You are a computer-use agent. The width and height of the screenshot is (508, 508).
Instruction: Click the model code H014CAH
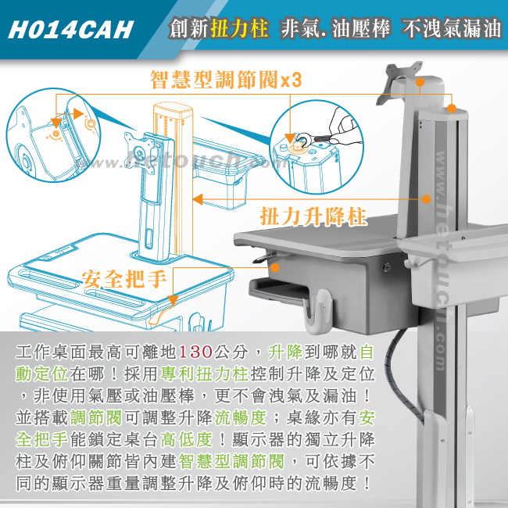pyautogui.click(x=70, y=30)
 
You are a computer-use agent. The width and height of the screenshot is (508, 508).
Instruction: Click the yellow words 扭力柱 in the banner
pyautogui.click(x=239, y=27)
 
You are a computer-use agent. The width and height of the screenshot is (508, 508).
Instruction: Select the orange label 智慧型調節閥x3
pyautogui.click(x=226, y=80)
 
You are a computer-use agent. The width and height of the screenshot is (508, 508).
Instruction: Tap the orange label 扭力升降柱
pyautogui.click(x=313, y=216)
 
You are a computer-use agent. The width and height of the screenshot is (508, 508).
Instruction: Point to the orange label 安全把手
pyautogui.click(x=124, y=279)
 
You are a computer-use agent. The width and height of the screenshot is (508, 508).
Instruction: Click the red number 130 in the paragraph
pyautogui.click(x=195, y=352)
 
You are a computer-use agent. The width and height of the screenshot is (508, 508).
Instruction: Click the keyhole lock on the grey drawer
pyautogui.click(x=385, y=267)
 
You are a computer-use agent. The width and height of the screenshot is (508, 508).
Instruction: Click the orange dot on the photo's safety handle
pyautogui.click(x=275, y=267)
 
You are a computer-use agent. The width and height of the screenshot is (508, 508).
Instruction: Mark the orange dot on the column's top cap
pyautogui.click(x=451, y=109)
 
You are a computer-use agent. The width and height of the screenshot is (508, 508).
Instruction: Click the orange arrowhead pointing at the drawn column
pyautogui.click(x=198, y=199)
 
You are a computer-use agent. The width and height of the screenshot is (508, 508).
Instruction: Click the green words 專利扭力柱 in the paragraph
pyautogui.click(x=204, y=374)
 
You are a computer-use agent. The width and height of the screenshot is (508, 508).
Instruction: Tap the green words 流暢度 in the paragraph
pyautogui.click(x=240, y=417)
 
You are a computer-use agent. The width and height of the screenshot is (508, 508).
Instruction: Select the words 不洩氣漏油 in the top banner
pyautogui.click(x=451, y=28)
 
